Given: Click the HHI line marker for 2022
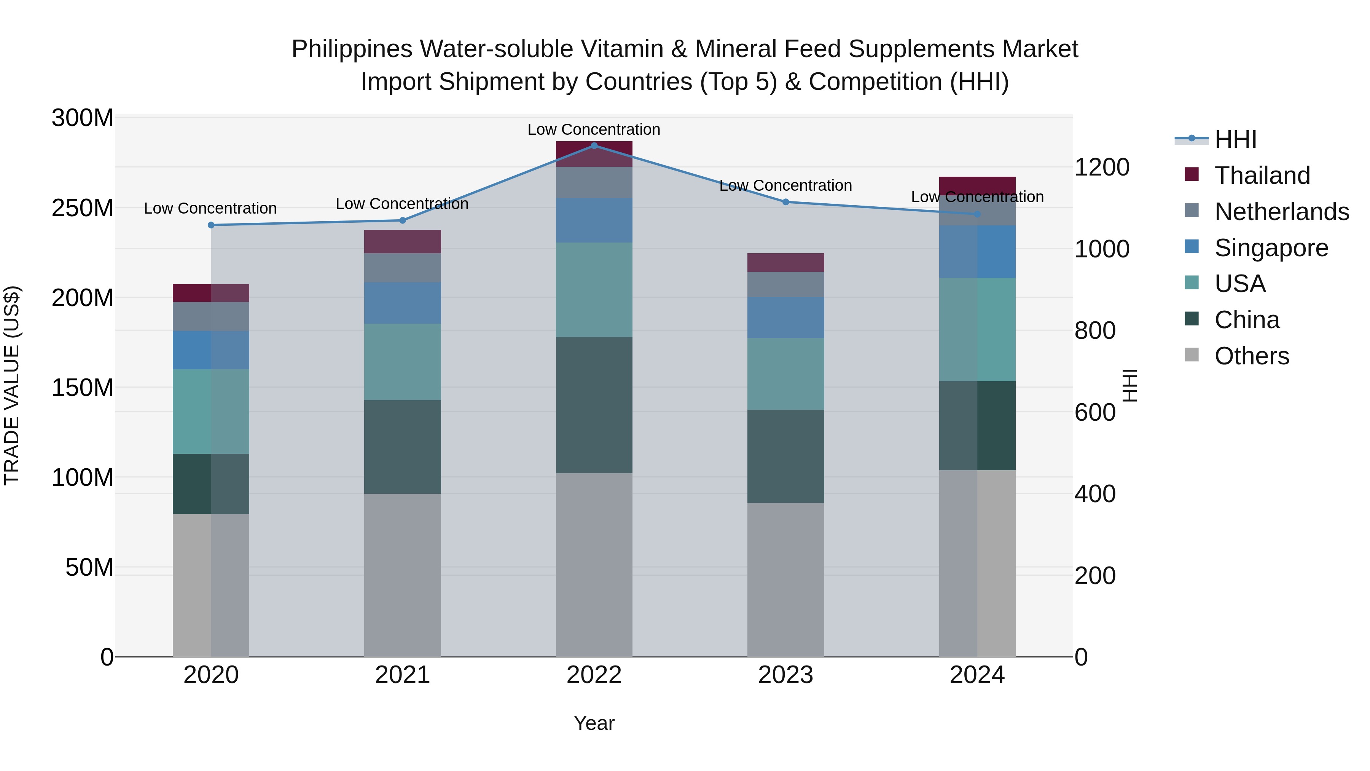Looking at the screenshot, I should point(594,145).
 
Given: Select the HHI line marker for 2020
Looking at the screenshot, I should point(211,225).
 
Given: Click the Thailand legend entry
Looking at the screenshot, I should point(1262,175).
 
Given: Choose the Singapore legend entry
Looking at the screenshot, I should point(1271,247).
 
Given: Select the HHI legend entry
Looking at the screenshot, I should point(1235,139).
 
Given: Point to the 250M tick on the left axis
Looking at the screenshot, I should point(83,208).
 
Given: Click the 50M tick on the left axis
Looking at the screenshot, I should point(89,567).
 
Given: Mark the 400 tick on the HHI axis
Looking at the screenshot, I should point(1095,494).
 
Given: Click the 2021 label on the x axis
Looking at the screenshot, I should point(403,675).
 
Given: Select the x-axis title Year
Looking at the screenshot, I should point(594,723).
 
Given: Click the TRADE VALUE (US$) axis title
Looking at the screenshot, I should point(12,386).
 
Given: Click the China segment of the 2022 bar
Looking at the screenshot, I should point(594,405).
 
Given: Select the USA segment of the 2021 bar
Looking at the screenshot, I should point(403,362).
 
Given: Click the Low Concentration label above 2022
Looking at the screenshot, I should point(594,129).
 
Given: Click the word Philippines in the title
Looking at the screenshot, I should point(352,49).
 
